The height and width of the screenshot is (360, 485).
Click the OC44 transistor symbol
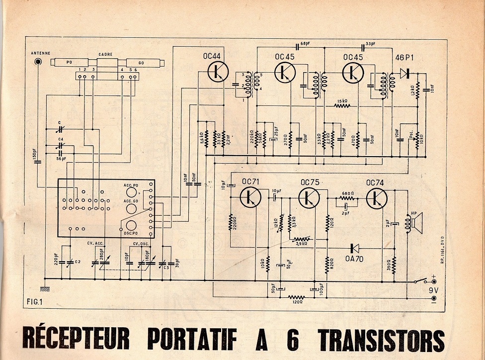coord(217,72)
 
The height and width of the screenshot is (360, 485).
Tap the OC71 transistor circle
coord(250,197)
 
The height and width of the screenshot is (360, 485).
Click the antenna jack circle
coord(38,62)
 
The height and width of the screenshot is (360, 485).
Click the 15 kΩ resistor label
coord(342,101)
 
